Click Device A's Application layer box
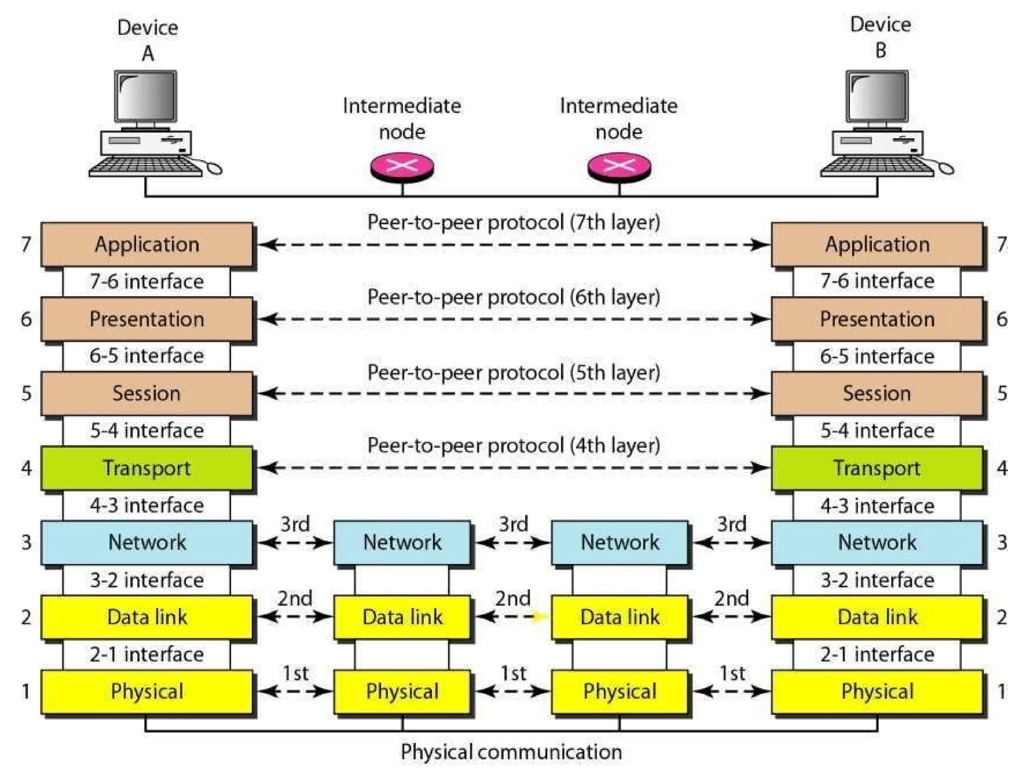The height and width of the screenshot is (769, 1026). click(146, 244)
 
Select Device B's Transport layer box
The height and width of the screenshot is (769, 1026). click(877, 468)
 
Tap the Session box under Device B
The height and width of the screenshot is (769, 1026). click(877, 394)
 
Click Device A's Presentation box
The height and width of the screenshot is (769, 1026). click(146, 319)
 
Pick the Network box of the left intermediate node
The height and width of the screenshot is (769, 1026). click(402, 542)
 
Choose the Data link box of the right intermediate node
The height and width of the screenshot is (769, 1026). click(620, 617)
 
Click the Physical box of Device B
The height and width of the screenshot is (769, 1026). click(877, 691)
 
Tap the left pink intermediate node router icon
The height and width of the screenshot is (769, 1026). click(402, 167)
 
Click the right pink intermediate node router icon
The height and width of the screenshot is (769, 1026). click(619, 167)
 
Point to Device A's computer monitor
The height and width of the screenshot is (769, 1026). click(146, 97)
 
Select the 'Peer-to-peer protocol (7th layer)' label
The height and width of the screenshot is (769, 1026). click(514, 222)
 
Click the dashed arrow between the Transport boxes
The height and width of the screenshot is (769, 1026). click(514, 468)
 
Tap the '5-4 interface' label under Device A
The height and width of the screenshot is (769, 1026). click(147, 431)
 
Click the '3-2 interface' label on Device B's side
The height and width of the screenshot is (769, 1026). click(877, 580)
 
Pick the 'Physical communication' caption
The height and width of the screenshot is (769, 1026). click(511, 751)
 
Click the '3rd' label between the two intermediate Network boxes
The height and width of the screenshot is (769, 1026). click(514, 524)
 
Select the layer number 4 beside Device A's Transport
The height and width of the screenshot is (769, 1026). click(26, 468)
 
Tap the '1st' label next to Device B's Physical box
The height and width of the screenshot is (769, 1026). click(732, 673)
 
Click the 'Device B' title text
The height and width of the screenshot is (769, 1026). click(880, 37)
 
